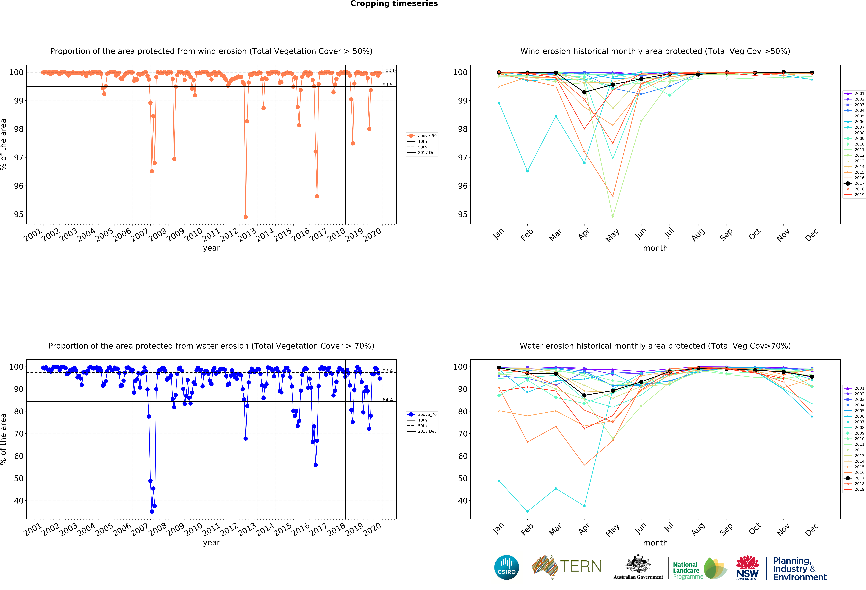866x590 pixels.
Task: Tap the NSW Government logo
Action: tap(747, 568)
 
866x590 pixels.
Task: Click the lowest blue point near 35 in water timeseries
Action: tap(152, 511)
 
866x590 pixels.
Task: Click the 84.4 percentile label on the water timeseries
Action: tap(387, 400)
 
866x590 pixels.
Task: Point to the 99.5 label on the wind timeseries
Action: tap(387, 85)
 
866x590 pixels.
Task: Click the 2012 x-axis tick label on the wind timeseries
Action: tap(229, 235)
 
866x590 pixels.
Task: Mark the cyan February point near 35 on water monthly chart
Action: tap(527, 511)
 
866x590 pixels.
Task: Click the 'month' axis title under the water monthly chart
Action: tap(655, 543)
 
